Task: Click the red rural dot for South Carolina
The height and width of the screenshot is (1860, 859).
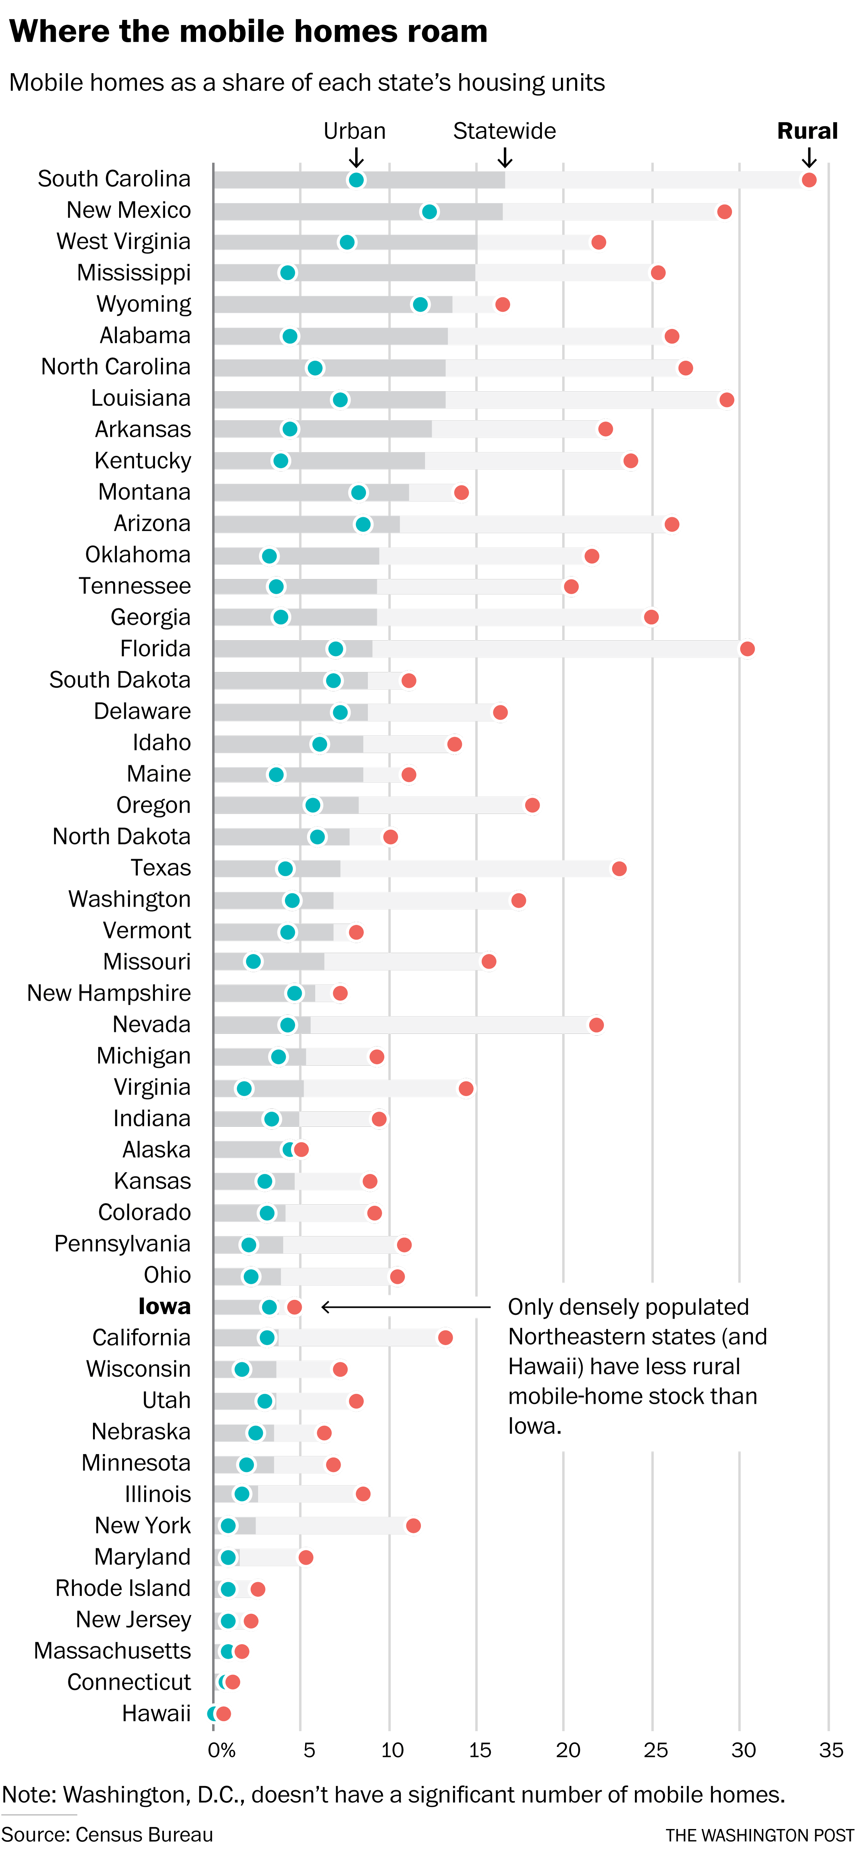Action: pyautogui.click(x=809, y=180)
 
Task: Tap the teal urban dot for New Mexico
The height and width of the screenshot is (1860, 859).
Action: pyautogui.click(x=429, y=212)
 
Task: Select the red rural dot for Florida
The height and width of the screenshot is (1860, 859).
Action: pyautogui.click(x=747, y=649)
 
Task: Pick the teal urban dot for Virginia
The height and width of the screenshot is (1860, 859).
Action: pyautogui.click(x=244, y=1088)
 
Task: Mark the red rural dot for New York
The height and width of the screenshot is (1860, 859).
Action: pyautogui.click(x=413, y=1526)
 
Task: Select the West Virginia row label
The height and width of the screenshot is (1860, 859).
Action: pyautogui.click(x=124, y=241)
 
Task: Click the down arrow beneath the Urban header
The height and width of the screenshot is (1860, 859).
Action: pyautogui.click(x=356, y=158)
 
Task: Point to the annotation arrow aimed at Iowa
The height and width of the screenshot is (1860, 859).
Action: pyautogui.click(x=404, y=1307)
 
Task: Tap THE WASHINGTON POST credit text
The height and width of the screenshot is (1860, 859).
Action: pyautogui.click(x=760, y=1835)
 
